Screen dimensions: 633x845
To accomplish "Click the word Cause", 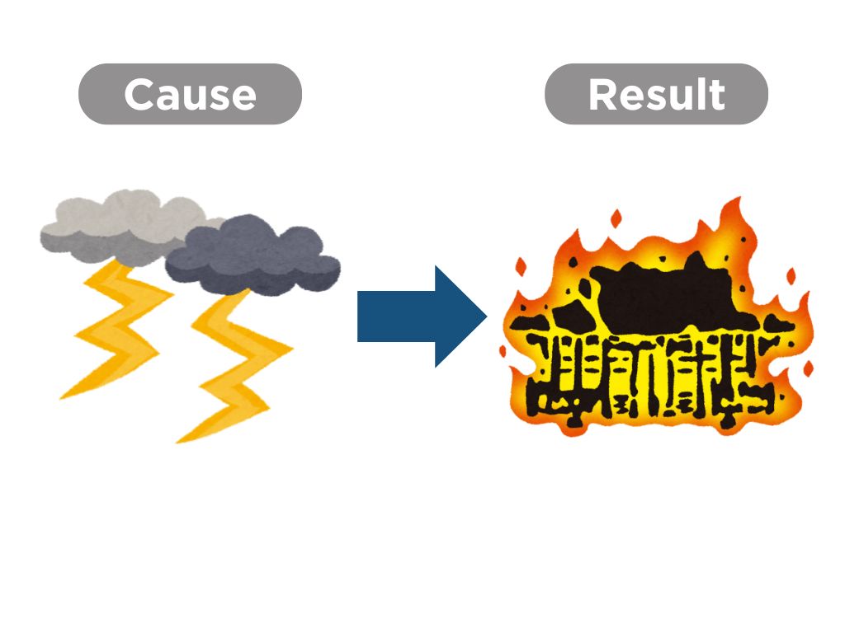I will (x=190, y=95).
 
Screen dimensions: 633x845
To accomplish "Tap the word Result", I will (x=656, y=95).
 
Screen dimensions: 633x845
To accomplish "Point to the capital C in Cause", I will (x=139, y=95).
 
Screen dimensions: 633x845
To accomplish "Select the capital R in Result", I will (x=604, y=95).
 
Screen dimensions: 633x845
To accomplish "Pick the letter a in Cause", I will (x=168, y=97).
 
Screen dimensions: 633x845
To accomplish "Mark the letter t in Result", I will (x=715, y=95).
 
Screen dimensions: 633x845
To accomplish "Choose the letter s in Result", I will (x=654, y=97).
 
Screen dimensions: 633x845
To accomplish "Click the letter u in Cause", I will (x=195, y=97).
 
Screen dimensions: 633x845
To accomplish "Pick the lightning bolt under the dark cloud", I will (x=239, y=363).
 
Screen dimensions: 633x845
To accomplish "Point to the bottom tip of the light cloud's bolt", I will (x=62, y=398).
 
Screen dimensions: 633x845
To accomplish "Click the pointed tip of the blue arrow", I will (x=485, y=316).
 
